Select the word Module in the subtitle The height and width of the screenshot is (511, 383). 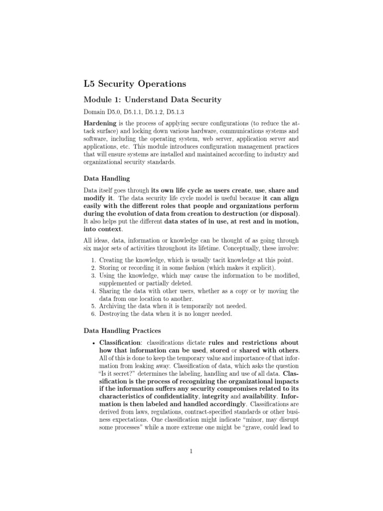point(97,100)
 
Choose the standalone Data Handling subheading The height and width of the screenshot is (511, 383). point(106,178)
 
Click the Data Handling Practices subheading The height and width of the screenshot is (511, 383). point(123,331)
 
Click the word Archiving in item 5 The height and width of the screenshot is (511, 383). point(114,305)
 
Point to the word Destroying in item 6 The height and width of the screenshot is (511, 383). point(116,313)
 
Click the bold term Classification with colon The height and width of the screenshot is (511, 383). point(121,343)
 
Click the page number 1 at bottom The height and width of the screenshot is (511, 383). point(191,452)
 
